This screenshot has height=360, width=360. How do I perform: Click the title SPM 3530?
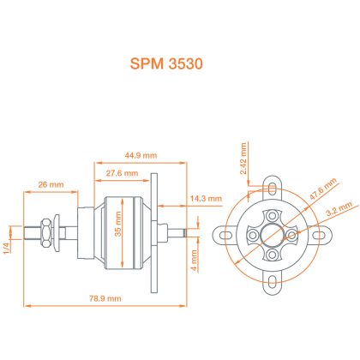(x=166, y=63)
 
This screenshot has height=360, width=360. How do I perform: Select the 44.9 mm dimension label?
(x=141, y=155)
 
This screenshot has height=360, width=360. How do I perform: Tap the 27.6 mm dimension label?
(x=122, y=173)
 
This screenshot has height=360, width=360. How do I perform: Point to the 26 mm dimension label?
(x=51, y=184)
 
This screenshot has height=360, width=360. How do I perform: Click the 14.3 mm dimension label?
(x=206, y=198)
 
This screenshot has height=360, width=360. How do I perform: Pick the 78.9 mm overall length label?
(x=105, y=298)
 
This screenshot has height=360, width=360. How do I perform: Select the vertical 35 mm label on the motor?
(x=118, y=224)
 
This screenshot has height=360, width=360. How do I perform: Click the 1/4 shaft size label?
(x=7, y=247)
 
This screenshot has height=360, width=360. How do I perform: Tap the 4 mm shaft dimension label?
(x=195, y=261)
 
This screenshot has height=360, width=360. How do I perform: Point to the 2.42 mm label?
(x=243, y=159)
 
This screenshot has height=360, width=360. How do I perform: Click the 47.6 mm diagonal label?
(x=323, y=189)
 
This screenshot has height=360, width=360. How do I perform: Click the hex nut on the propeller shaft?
(x=46, y=232)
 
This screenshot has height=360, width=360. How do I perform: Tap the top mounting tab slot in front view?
(x=273, y=188)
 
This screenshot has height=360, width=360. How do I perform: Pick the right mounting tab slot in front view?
(x=319, y=235)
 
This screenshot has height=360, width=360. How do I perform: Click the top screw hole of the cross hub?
(x=273, y=215)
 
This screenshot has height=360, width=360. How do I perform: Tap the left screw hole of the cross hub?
(x=253, y=235)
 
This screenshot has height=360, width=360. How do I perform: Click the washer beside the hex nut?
(x=57, y=232)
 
